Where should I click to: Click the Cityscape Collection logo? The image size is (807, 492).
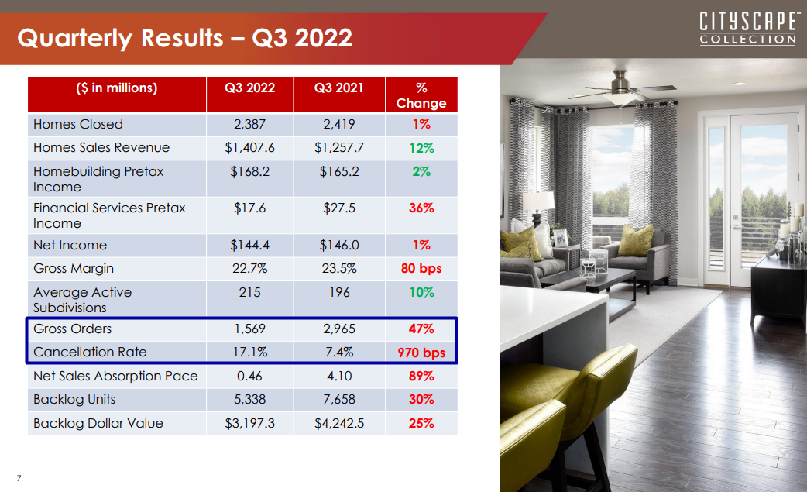pos(748,29)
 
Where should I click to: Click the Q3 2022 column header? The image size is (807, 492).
pos(249,88)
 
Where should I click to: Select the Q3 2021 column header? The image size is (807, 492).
pos(339,88)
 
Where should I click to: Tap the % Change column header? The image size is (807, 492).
pos(421,96)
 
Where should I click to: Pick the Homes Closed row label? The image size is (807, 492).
pos(78,125)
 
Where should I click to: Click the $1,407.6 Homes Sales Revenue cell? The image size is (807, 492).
pos(249,148)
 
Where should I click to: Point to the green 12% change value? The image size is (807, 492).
pos(421,148)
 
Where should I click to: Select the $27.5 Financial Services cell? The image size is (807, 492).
pos(339,208)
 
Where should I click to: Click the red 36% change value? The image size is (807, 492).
pos(421,208)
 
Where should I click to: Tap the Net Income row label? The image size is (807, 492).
pos(70,245)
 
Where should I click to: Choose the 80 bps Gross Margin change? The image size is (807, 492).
pos(421,269)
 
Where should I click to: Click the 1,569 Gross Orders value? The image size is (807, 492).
pos(249,329)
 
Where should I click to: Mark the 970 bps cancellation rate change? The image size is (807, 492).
pos(421,353)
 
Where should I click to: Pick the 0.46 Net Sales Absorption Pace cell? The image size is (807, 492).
pos(249,377)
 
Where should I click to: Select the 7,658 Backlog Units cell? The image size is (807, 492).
pos(339,399)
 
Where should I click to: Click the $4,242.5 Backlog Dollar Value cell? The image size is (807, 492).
pos(339,424)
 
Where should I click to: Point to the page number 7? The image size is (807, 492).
pos(19,478)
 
